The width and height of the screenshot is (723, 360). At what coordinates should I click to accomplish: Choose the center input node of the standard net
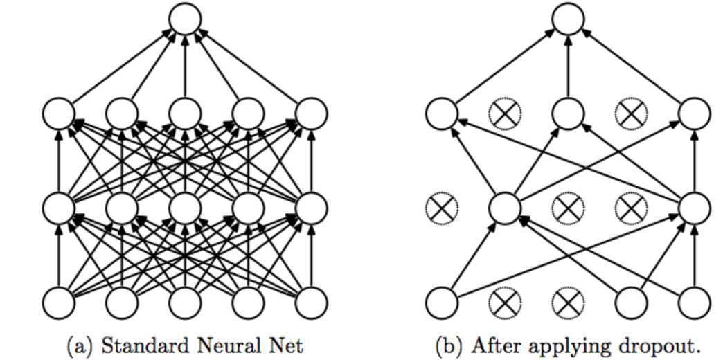185,303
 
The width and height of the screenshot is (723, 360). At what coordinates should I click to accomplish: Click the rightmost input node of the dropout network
695,303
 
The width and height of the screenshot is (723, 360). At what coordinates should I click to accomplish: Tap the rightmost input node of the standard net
312,303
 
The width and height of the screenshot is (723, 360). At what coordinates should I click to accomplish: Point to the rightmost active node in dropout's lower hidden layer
695,206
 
